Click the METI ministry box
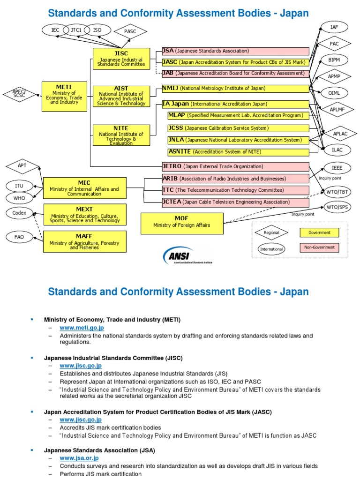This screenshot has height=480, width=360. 65,96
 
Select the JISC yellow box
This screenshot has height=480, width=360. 121,59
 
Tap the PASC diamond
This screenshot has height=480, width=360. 130,32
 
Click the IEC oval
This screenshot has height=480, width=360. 55,30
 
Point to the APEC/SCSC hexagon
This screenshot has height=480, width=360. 19,94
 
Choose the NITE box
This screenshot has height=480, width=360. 121,135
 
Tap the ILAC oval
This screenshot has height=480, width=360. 337,150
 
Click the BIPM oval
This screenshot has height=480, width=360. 334,60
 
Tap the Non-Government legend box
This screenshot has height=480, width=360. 319,247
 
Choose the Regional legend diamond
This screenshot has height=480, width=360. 271,232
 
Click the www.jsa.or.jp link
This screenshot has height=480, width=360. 79,458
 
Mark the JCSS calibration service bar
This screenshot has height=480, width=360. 239,128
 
